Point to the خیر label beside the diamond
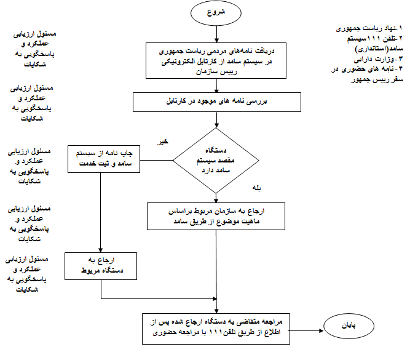coord(164,142)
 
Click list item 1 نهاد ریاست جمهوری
coord(369,28)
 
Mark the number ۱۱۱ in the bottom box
coord(216,333)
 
